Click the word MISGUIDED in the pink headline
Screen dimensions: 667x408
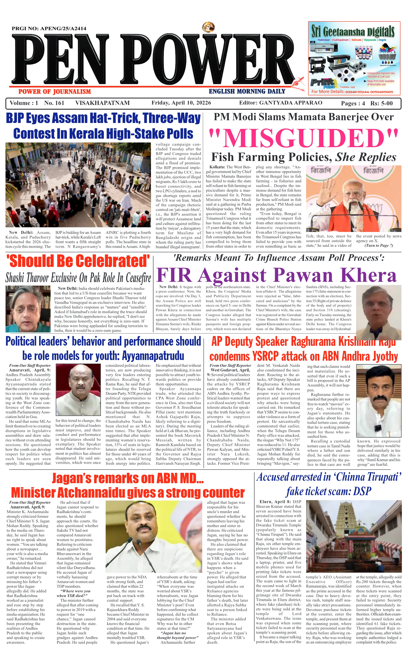point(303,138)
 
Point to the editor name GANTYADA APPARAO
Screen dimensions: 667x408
point(291,103)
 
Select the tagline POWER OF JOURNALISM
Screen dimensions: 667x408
point(55,92)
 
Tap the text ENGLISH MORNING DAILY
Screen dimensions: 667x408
point(247,91)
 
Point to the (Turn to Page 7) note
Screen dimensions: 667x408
point(379,246)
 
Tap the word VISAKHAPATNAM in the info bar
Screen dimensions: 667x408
point(102,103)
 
